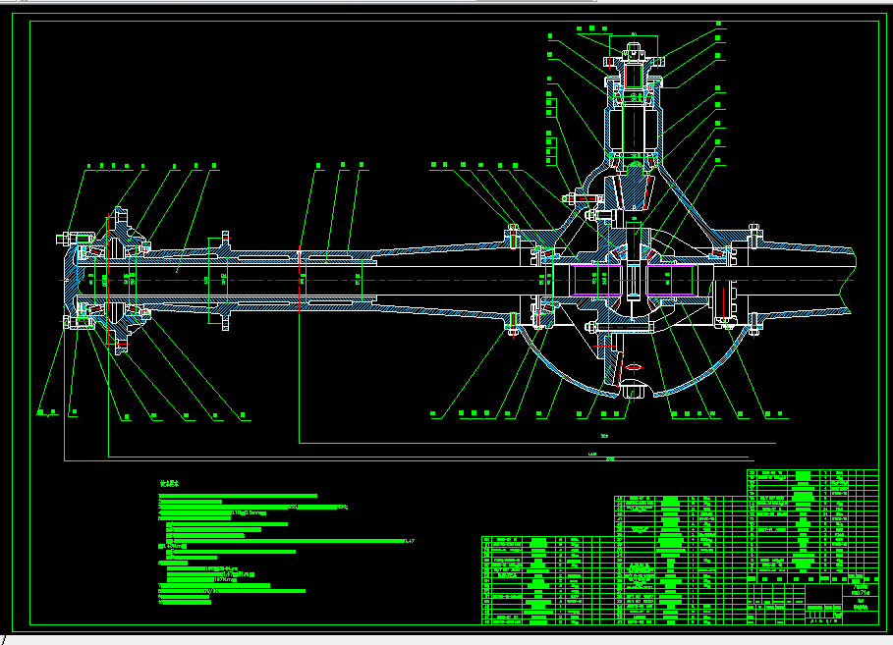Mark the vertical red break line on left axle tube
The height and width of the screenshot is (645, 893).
click(299, 279)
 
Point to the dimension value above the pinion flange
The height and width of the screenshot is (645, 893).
click(634, 34)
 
